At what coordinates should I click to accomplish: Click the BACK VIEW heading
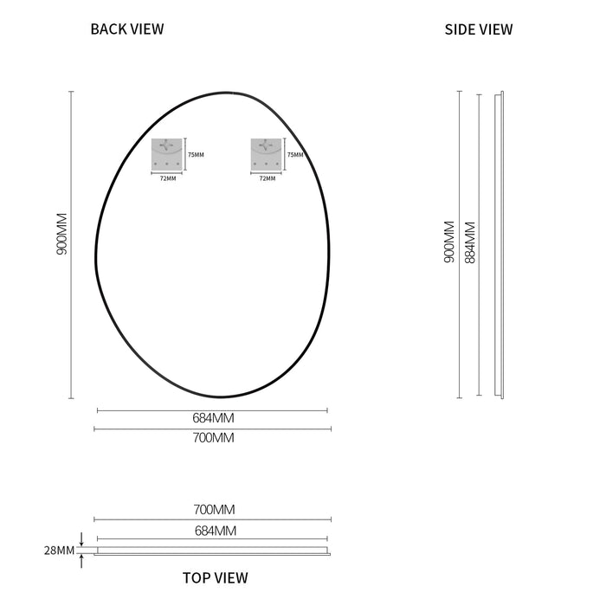[127, 29]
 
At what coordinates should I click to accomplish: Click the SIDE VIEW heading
[479, 29]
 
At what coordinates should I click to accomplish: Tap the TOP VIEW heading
[216, 577]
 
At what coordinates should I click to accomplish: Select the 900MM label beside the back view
[61, 234]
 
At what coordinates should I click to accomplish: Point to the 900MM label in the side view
[449, 242]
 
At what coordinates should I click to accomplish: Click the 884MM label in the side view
[470, 242]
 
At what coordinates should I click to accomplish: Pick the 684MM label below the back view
[213, 418]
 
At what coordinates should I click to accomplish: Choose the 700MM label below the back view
[213, 437]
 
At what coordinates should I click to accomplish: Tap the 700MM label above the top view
[214, 509]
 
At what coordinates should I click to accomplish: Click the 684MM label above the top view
[216, 531]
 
